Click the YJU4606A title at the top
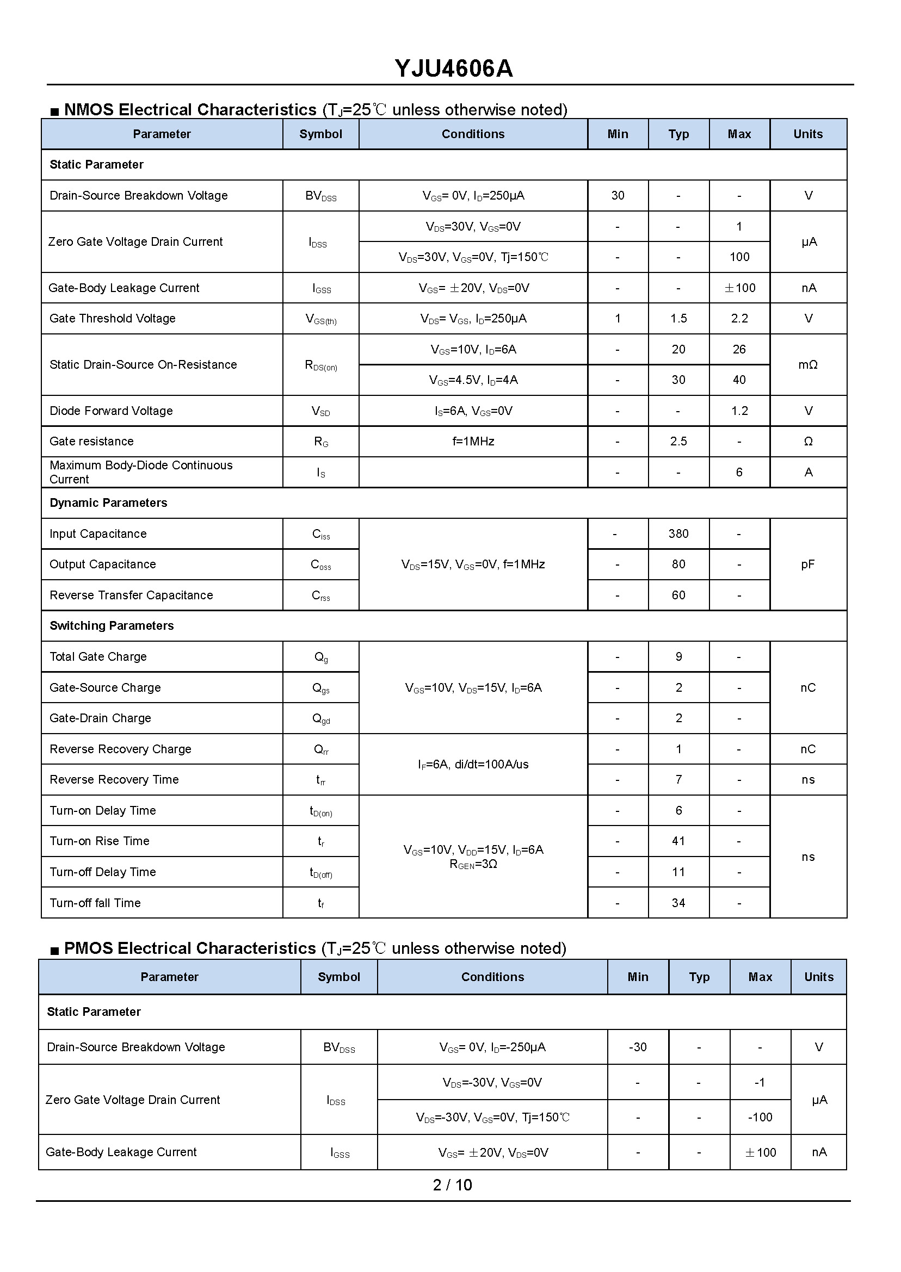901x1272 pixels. coord(453,69)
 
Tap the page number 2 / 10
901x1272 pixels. coord(452,1185)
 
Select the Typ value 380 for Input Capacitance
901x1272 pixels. coord(678,533)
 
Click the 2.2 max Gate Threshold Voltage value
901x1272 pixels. coord(739,318)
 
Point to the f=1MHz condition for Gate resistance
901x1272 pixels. coord(473,442)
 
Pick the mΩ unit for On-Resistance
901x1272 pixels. coord(808,364)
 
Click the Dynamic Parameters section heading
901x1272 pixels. coord(108,503)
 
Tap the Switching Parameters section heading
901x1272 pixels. coord(112,625)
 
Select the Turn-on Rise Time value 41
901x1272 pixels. coord(678,841)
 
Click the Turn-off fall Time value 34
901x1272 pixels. coord(678,903)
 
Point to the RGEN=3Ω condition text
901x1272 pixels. coord(473,865)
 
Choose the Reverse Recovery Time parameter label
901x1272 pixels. coord(114,780)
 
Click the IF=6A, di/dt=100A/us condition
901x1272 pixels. coord(473,764)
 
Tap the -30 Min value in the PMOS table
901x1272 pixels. coord(638,1047)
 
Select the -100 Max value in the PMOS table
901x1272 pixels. coord(760,1117)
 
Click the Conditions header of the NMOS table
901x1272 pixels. coord(473,134)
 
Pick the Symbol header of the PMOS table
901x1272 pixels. coord(338,977)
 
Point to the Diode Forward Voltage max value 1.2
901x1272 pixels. coord(739,411)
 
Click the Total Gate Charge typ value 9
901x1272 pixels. coord(678,656)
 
